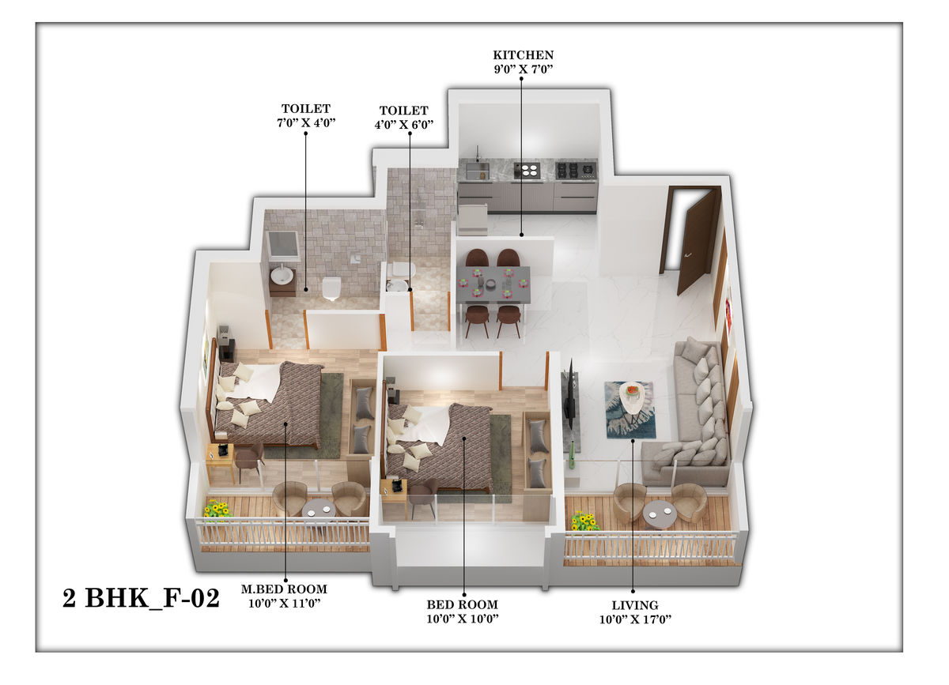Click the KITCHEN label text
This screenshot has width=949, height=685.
pyautogui.click(x=523, y=55)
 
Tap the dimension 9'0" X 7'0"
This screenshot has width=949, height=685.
pyautogui.click(x=524, y=70)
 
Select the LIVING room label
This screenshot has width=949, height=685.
pyautogui.click(x=634, y=605)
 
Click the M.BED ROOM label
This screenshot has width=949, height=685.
pyautogui.click(x=284, y=589)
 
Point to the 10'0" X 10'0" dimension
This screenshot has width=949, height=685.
pyautogui.click(x=462, y=619)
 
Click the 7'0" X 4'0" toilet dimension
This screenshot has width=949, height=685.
pyautogui.click(x=306, y=122)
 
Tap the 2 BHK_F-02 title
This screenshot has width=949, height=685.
pyautogui.click(x=141, y=599)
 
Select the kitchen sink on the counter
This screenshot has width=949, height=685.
pyautogui.click(x=478, y=170)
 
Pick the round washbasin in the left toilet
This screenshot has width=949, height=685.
pyautogui.click(x=282, y=275)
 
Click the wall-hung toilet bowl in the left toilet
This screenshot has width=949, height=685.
pyautogui.click(x=331, y=288)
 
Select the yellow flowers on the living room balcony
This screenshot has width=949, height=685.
pyautogui.click(x=584, y=521)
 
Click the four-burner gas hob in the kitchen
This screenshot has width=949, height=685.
pyautogui.click(x=577, y=171)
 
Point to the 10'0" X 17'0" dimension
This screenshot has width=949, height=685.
pyautogui.click(x=635, y=619)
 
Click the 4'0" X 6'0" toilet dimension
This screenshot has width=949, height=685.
pyautogui.click(x=404, y=125)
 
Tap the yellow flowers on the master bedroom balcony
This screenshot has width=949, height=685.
pyautogui.click(x=217, y=509)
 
